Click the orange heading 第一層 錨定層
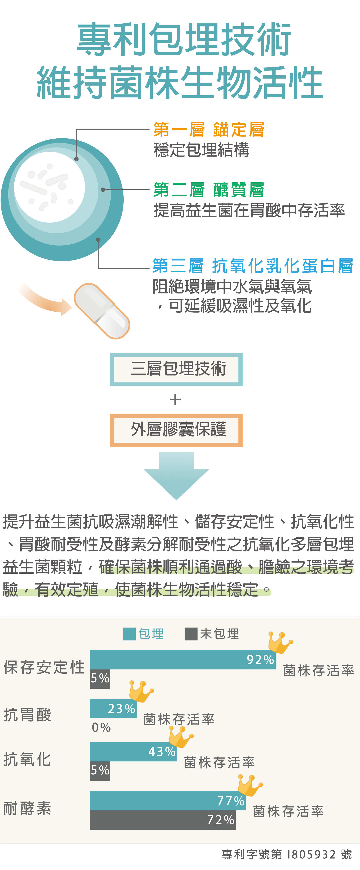[209, 130]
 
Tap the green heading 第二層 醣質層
[209, 190]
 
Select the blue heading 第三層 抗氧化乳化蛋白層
[253, 266]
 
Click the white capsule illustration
[102, 311]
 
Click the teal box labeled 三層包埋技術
[176, 369]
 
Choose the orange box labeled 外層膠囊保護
[176, 430]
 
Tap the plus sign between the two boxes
[175, 400]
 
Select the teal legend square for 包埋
[129, 634]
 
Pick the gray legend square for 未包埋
[191, 634]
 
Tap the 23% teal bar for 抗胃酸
[113, 708]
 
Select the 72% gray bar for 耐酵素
[163, 820]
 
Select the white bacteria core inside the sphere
[50, 187]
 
